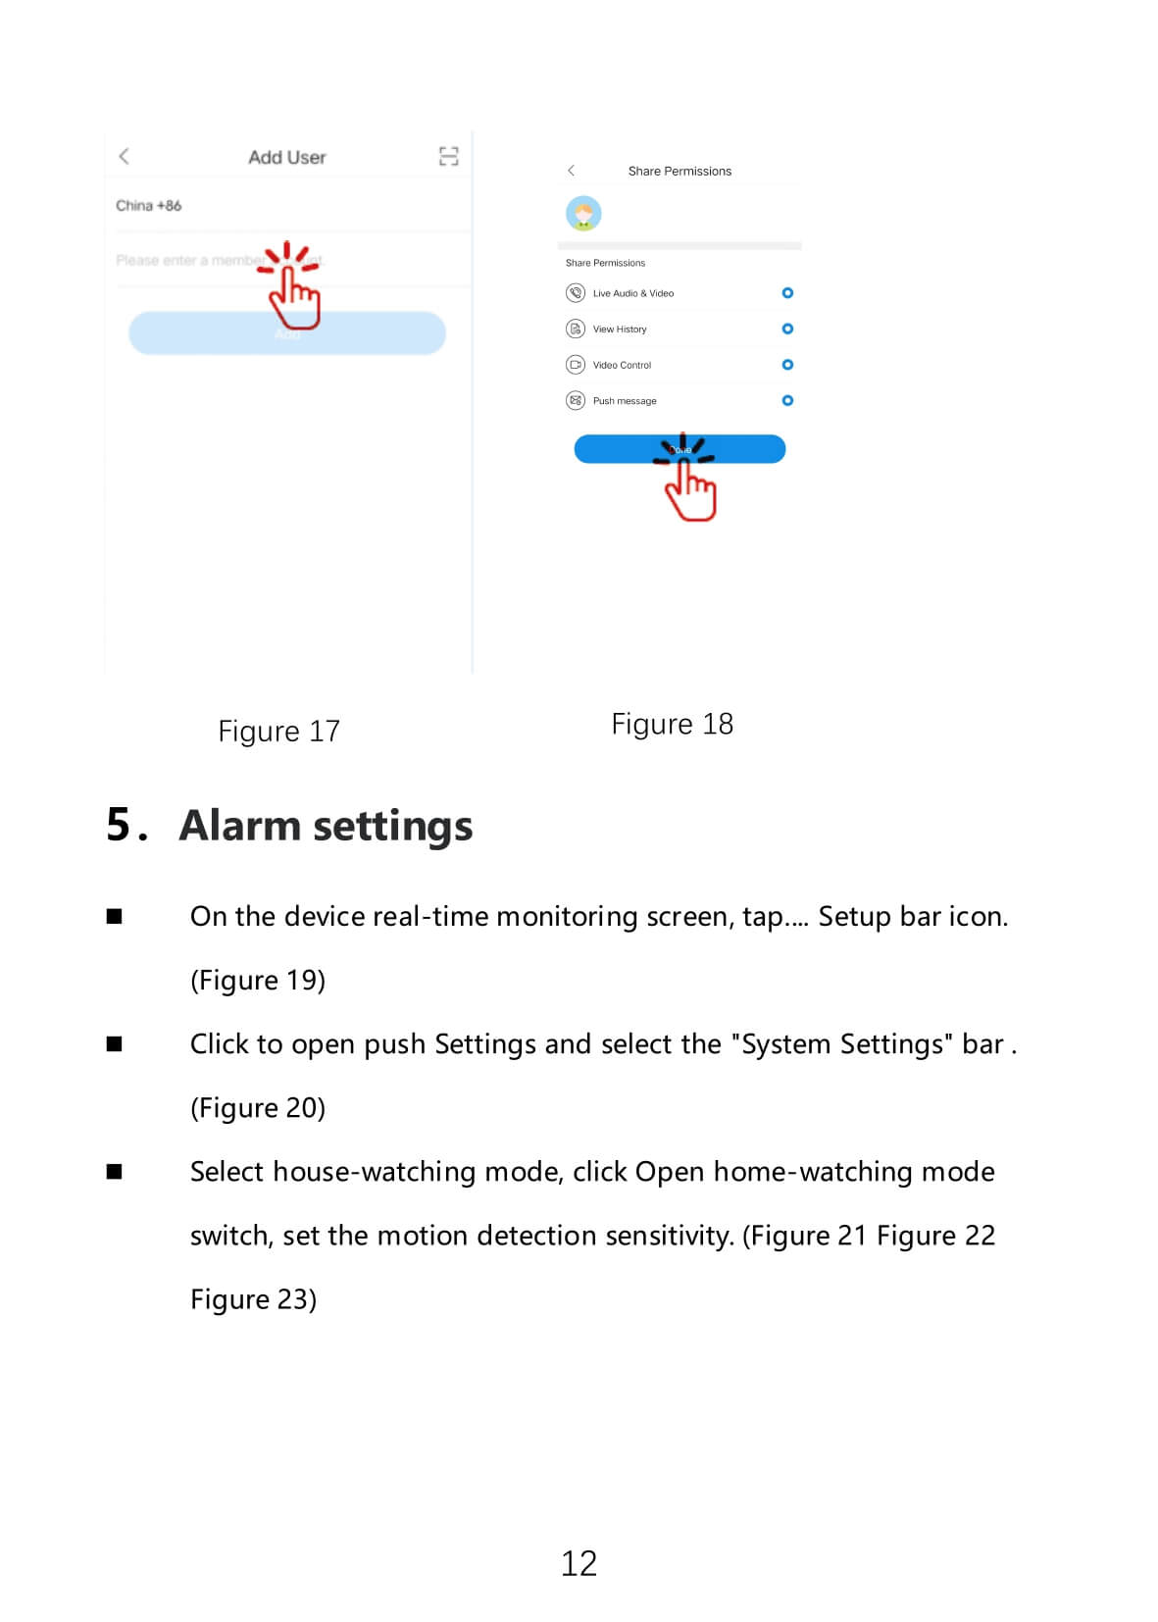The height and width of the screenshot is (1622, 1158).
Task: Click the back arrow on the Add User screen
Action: [124, 156]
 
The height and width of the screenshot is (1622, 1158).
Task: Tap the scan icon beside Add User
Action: [448, 156]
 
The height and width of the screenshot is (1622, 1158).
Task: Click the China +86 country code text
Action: [148, 205]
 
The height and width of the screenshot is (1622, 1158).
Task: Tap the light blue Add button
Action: [286, 333]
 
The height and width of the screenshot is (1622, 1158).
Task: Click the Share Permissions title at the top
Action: [680, 171]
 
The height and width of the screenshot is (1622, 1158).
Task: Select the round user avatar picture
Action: [583, 213]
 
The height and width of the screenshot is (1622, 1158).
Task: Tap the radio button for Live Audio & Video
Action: [787, 293]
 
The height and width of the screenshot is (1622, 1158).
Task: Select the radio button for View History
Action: [787, 329]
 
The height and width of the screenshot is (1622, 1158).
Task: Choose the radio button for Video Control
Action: [787, 365]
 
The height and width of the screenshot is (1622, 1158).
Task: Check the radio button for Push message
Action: [787, 400]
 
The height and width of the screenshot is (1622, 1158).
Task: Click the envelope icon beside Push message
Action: [576, 400]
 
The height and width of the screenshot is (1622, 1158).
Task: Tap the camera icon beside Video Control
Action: [576, 365]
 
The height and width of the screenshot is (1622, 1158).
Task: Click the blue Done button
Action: [680, 449]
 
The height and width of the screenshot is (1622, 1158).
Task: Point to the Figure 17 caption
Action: [278, 732]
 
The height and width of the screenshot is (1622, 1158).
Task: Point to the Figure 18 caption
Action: [672, 724]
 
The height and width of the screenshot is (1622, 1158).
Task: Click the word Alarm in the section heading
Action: [240, 826]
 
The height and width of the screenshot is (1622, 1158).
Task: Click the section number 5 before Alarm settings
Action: [119, 825]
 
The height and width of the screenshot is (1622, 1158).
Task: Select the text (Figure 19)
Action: [258, 980]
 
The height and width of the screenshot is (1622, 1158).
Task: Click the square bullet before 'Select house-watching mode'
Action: [115, 1171]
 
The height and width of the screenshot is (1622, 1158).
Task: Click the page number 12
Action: [579, 1562]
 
